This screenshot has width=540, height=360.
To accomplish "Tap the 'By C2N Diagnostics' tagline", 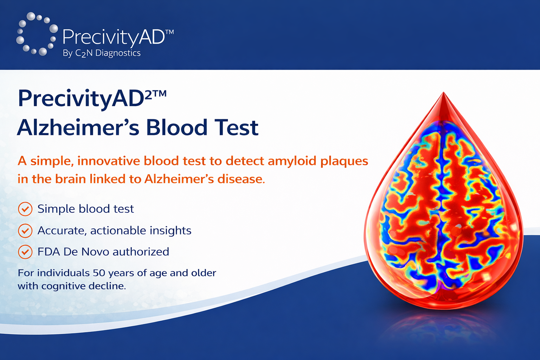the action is (x=102, y=53).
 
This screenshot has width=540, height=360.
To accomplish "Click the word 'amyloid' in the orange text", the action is (x=292, y=161).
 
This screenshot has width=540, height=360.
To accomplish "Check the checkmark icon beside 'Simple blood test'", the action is (x=25, y=209).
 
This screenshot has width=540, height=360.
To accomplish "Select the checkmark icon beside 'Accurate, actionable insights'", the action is (x=25, y=231).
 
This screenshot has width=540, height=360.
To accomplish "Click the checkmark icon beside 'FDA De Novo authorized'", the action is (x=25, y=252).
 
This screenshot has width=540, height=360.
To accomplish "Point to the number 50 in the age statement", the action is (x=98, y=273).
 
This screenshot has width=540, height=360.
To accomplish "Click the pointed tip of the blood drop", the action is (x=443, y=92).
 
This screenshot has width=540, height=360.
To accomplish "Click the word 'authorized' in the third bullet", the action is (x=141, y=252).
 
